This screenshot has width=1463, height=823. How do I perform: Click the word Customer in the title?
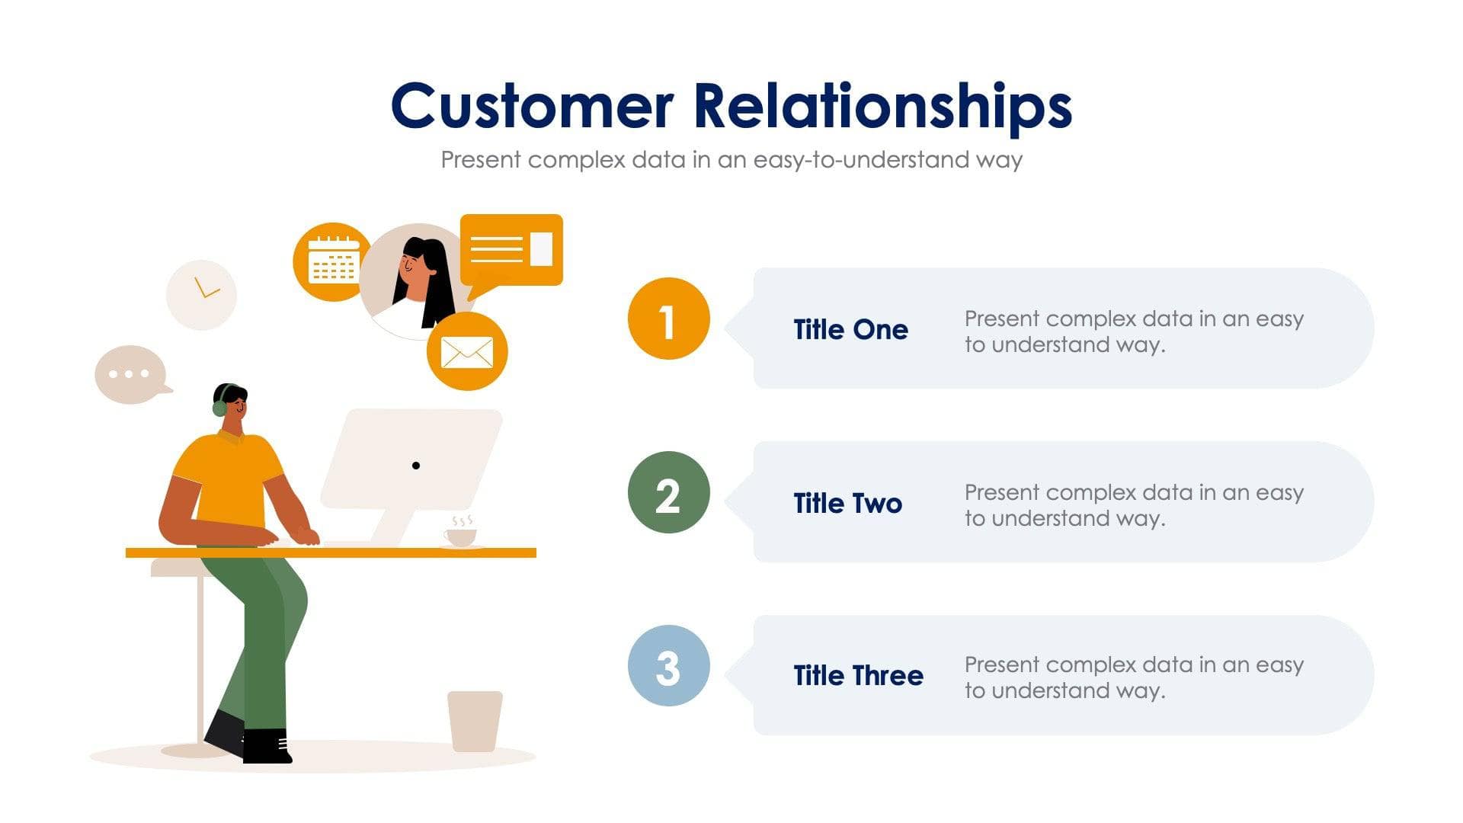pyautogui.click(x=531, y=106)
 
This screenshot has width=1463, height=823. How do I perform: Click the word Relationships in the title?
pyautogui.click(x=882, y=106)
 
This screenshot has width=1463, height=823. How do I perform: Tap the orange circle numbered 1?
pyautogui.click(x=668, y=319)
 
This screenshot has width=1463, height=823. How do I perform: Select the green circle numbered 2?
pyautogui.click(x=668, y=493)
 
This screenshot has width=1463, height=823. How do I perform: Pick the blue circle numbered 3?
pyautogui.click(x=668, y=666)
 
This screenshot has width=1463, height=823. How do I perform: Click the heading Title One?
pyautogui.click(x=850, y=329)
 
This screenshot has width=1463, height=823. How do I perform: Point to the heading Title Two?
pyautogui.click(x=847, y=503)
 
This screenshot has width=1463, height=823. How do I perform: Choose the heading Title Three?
pyautogui.click(x=858, y=675)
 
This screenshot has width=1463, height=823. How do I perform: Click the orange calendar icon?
pyautogui.click(x=332, y=261)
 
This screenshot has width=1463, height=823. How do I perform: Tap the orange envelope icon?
pyautogui.click(x=467, y=352)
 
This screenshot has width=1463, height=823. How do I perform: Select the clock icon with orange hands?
pyautogui.click(x=202, y=295)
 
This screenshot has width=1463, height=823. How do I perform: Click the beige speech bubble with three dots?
pyautogui.click(x=130, y=374)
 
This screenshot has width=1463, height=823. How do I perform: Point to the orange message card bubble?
pyautogui.click(x=511, y=250)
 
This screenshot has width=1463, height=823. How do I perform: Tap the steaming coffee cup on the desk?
pyautogui.click(x=461, y=536)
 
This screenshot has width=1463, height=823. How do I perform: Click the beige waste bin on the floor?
pyautogui.click(x=475, y=720)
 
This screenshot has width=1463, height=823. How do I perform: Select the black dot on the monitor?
pyautogui.click(x=416, y=466)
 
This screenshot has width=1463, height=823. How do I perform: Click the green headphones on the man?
pyautogui.click(x=220, y=405)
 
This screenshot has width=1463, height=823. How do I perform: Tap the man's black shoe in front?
pyautogui.click(x=267, y=747)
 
